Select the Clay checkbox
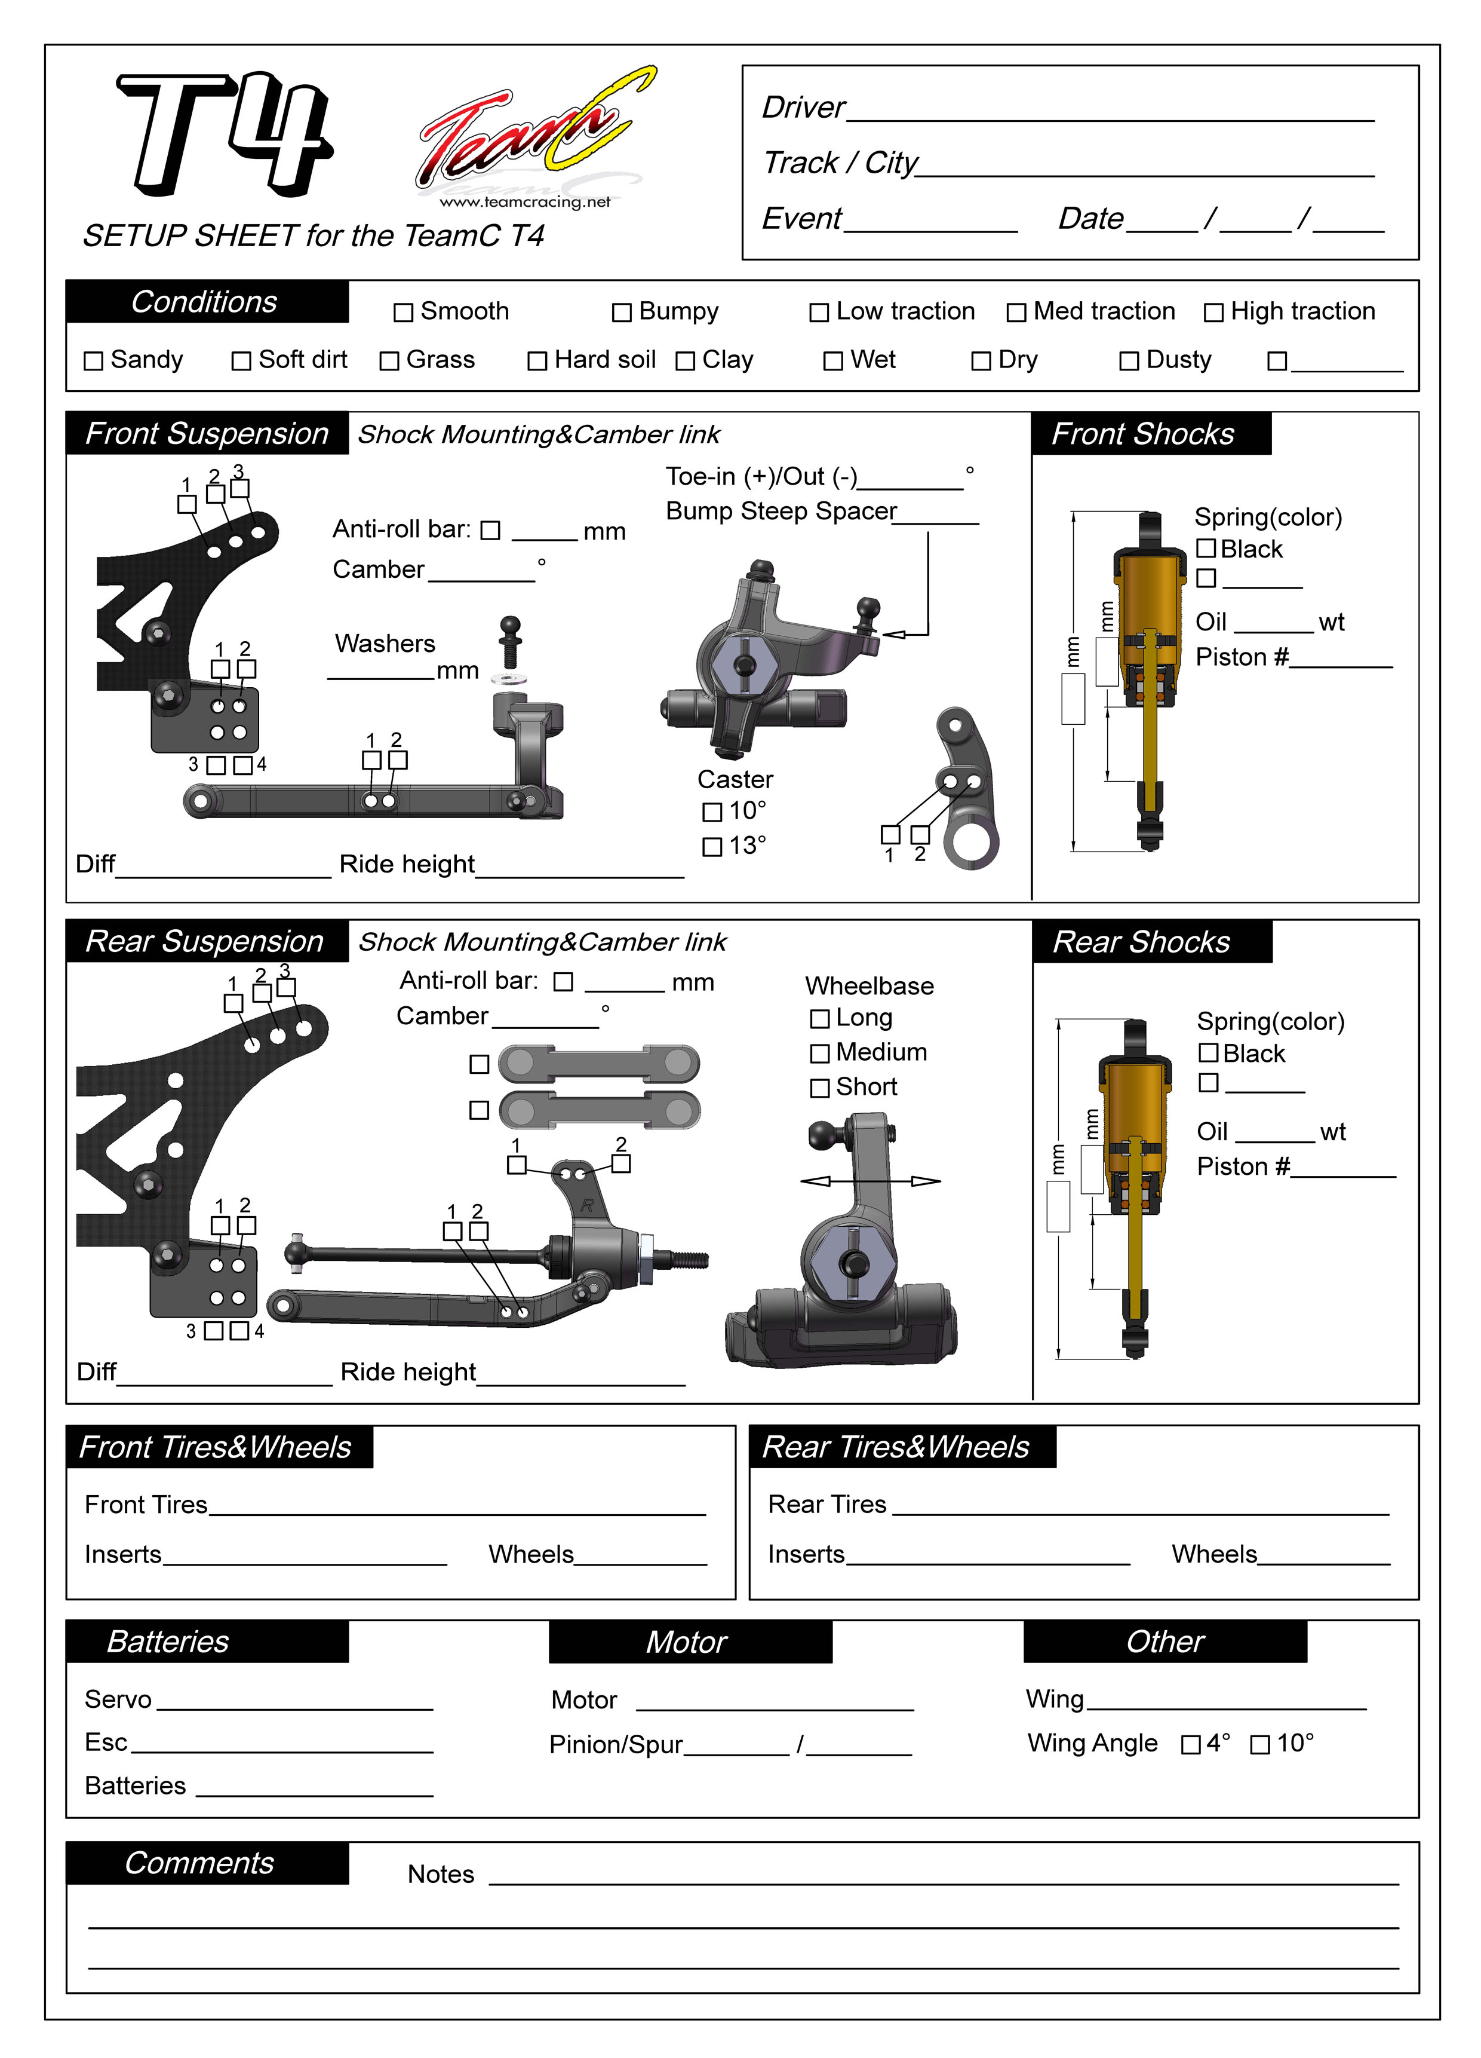click(x=686, y=361)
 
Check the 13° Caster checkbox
click(x=712, y=847)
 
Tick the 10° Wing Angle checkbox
click(x=1259, y=1745)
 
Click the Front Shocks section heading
click(x=1143, y=434)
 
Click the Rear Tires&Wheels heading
click(x=896, y=1447)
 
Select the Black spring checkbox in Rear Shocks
click(x=1208, y=1052)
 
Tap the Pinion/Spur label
click(x=616, y=1745)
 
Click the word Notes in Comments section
click(x=441, y=1875)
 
